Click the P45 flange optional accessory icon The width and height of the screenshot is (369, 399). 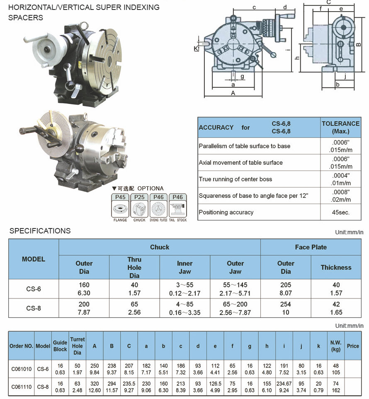(120, 208)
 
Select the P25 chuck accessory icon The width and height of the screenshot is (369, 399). (139, 208)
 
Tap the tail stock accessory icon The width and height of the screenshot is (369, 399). (177, 208)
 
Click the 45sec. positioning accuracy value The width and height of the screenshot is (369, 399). (340, 212)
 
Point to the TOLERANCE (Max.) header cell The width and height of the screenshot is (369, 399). (340, 127)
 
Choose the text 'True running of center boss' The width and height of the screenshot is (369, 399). (235, 179)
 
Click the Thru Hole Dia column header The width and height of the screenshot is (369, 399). (134, 267)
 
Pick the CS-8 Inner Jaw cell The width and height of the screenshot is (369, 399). (185, 308)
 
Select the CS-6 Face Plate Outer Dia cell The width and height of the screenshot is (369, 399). (286, 289)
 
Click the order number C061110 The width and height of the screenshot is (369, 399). (22, 387)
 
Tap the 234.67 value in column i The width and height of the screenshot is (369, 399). (284, 383)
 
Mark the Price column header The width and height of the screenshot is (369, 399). (353, 346)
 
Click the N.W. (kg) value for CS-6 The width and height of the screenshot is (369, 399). (335, 369)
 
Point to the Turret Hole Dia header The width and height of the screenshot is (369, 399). (77, 346)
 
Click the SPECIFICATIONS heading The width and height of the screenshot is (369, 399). (40, 231)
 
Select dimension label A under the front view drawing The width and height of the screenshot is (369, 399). (233, 93)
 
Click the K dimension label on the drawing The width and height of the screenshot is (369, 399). (196, 48)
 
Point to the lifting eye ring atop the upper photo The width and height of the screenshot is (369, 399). (84, 25)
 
